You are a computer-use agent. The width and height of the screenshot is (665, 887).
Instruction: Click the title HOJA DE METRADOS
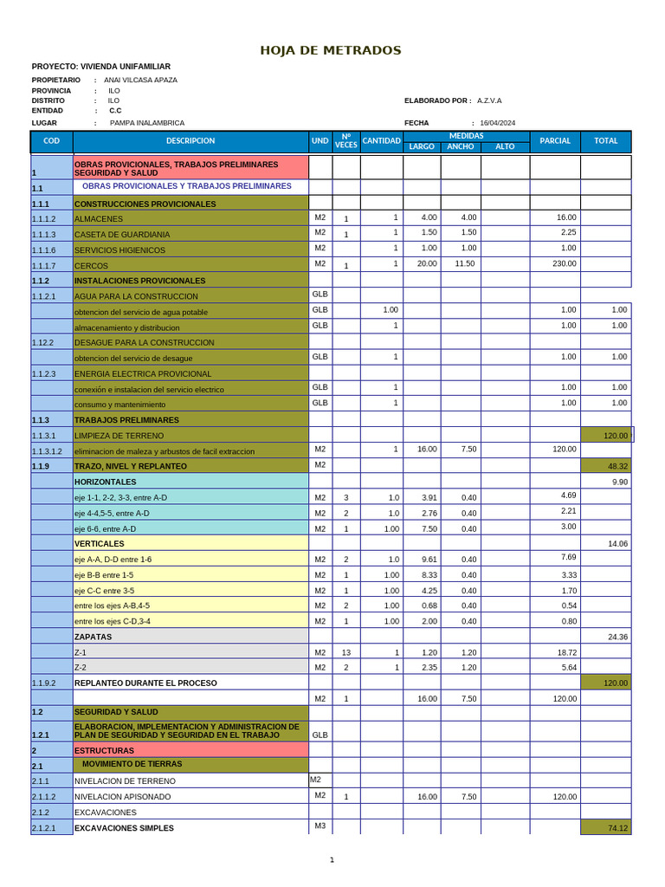331,50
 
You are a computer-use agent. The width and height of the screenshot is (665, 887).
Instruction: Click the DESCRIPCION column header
190,141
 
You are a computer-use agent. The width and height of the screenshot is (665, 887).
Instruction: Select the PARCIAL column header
555,141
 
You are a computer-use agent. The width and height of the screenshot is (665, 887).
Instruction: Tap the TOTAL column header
606,141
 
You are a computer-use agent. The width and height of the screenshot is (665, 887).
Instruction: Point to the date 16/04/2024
497,123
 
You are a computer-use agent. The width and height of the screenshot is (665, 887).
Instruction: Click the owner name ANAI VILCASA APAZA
140,80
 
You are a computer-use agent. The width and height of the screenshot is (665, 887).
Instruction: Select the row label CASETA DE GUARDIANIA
122,235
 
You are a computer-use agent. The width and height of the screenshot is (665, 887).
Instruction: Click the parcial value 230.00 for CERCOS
565,263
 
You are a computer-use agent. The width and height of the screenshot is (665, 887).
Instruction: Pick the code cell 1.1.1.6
43,250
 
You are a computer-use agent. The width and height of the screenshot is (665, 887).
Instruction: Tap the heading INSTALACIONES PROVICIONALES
140,281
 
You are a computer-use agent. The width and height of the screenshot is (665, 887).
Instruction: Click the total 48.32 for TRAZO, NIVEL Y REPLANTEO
617,466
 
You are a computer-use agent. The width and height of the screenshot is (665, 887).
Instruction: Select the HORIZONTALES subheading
105,482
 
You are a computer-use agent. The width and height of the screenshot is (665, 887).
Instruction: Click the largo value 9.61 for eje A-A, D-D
429,560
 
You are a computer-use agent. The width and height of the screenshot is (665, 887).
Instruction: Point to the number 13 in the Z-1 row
345,652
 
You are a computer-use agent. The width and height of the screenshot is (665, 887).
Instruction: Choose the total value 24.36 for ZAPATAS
617,637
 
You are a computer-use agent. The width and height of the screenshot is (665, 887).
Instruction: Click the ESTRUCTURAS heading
104,750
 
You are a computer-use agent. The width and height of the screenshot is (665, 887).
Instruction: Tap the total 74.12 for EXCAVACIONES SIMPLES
617,828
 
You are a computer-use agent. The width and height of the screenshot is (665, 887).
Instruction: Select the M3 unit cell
320,825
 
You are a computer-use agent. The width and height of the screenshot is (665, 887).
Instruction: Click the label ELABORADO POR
437,100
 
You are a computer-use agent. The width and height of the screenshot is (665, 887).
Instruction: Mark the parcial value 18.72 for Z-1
568,651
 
